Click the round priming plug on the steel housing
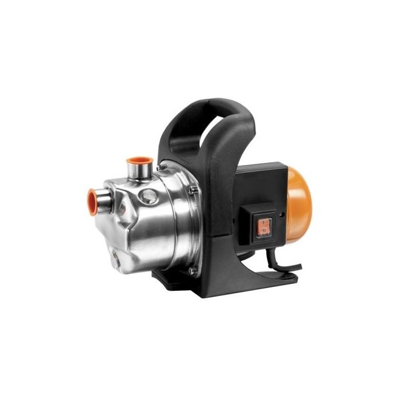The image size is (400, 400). click(149, 197)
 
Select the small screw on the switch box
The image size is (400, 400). click(281, 217)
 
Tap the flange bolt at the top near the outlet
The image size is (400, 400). click(163, 167)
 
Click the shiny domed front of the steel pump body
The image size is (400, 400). click(131, 223)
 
